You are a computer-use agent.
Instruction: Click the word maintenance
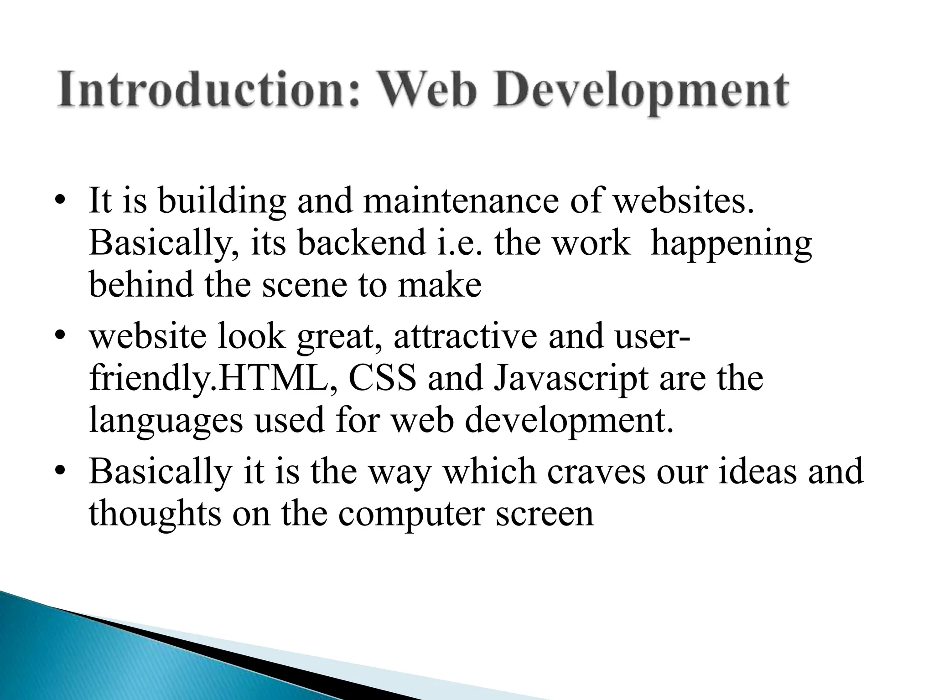click(461, 201)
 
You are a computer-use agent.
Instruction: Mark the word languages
click(166, 422)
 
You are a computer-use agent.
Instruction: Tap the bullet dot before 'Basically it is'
click(59, 471)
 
